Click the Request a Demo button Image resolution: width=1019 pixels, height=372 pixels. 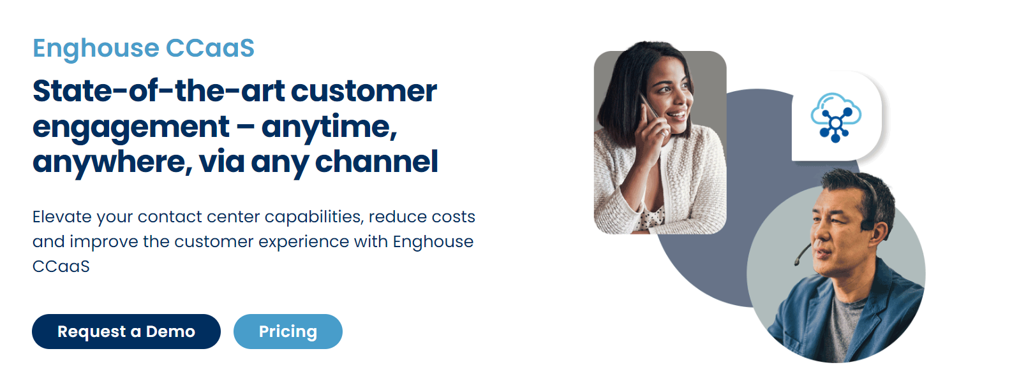[126, 332]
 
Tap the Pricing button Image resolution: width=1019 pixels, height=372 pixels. [288, 332]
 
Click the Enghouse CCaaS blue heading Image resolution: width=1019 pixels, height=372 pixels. [144, 48]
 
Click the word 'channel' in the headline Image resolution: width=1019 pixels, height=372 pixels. [376, 162]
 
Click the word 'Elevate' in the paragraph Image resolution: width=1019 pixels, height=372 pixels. [62, 217]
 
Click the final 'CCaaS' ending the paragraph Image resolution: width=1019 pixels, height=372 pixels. [61, 267]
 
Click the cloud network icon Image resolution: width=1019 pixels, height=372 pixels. [836, 118]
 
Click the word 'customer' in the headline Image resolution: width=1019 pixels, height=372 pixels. [364, 91]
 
